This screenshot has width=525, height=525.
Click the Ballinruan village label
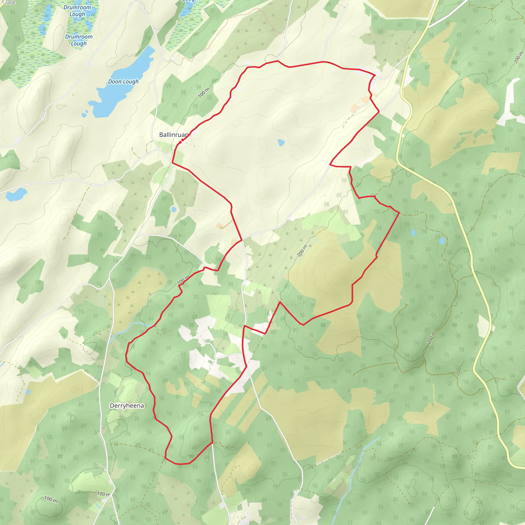pyautogui.click(x=173, y=135)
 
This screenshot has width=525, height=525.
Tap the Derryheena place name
pyautogui.click(x=127, y=406)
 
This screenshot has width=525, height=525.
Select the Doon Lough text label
pyautogui.click(x=123, y=82)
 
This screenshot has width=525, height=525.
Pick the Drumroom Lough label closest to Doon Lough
pyautogui.click(x=79, y=40)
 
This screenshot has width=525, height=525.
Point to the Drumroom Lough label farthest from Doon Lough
pyautogui.click(x=77, y=11)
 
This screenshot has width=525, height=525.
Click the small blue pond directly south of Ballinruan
pyautogui.click(x=174, y=209)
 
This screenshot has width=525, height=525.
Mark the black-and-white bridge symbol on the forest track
pyautogui.click(x=458, y=373)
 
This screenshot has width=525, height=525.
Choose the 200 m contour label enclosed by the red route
pyautogui.click(x=302, y=250)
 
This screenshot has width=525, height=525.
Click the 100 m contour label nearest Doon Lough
pyautogui.click(x=204, y=93)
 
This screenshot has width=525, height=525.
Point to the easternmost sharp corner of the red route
pyautogui.click(x=399, y=213)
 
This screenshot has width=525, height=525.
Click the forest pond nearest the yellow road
pyautogui.click(x=442, y=240)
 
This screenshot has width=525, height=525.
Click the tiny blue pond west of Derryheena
pyautogui.click(x=28, y=392)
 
